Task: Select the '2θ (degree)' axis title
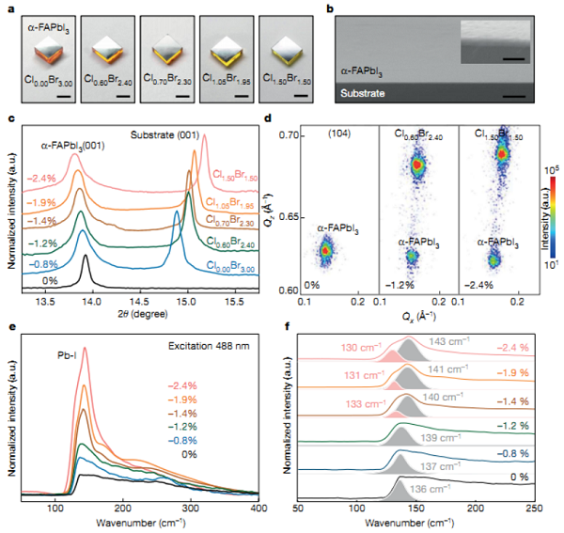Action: coord(139,317)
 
